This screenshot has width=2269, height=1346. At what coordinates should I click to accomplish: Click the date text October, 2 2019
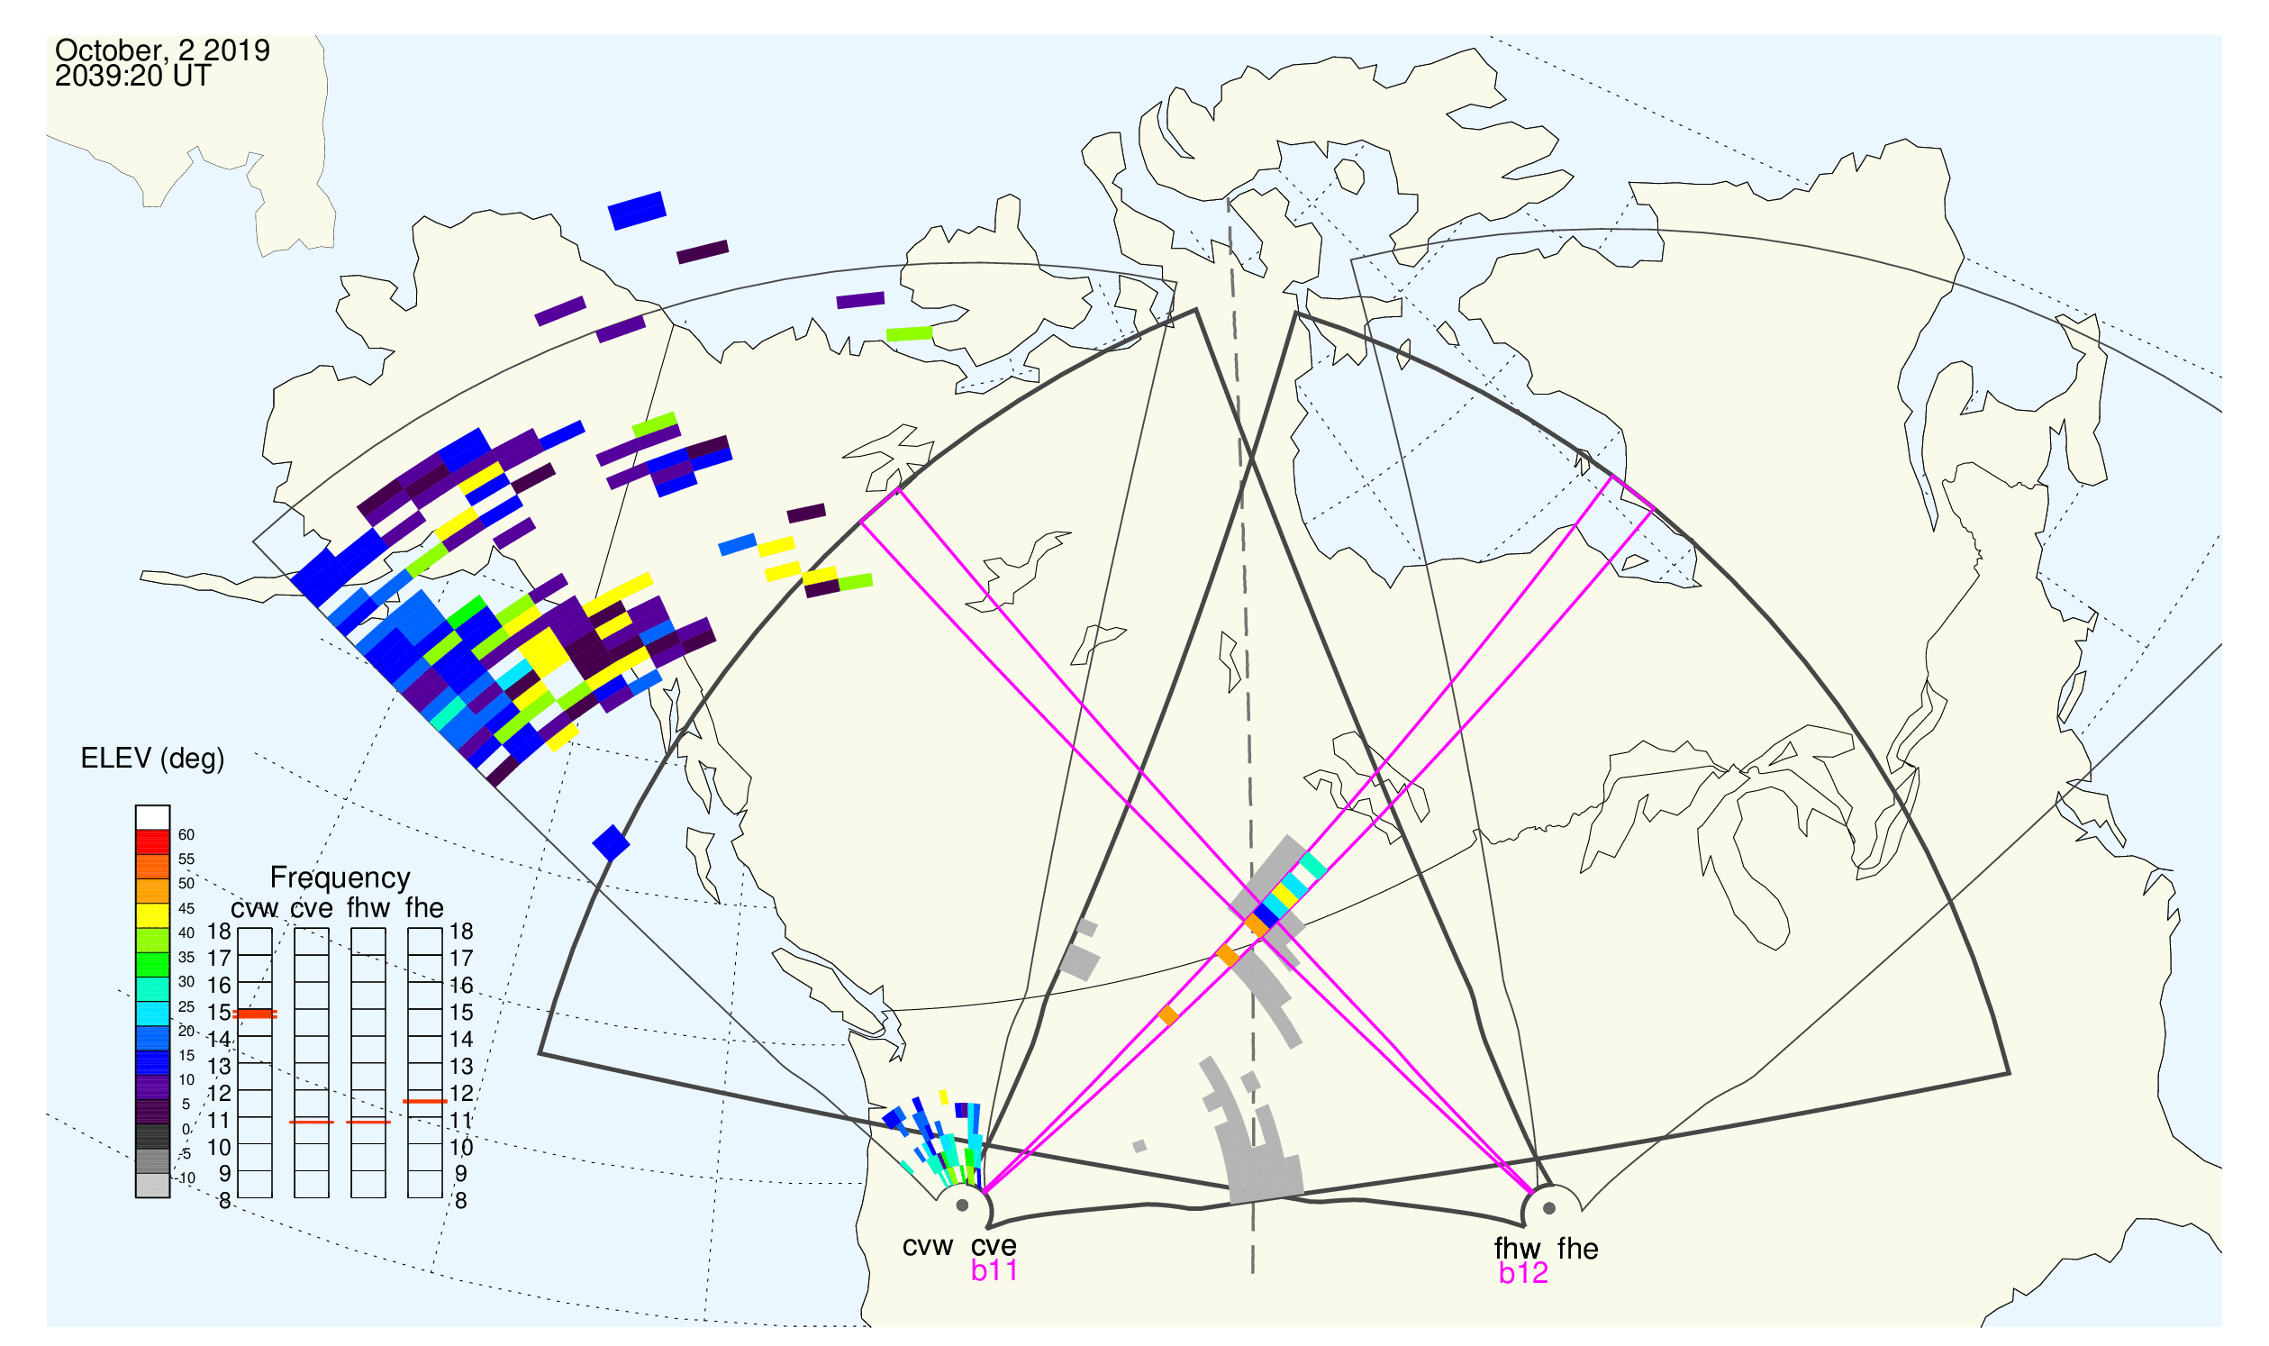click(162, 50)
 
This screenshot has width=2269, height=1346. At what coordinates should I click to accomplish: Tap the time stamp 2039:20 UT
click(132, 76)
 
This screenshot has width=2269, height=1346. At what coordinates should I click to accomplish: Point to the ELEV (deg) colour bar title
click(152, 759)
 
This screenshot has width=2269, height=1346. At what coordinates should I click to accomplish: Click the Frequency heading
click(340, 878)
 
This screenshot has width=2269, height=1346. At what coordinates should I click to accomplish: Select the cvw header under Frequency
click(255, 909)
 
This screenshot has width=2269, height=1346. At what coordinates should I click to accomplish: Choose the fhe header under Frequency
click(424, 908)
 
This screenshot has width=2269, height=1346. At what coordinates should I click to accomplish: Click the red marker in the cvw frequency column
click(255, 1014)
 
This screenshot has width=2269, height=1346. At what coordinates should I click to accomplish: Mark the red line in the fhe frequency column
click(425, 1102)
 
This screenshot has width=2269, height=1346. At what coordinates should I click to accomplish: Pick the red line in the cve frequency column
click(312, 1123)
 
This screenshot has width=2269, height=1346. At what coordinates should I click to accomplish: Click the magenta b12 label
click(1523, 1274)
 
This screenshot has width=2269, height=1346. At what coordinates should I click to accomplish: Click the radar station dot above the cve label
click(962, 1206)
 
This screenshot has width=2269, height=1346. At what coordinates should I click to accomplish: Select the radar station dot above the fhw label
click(1550, 1208)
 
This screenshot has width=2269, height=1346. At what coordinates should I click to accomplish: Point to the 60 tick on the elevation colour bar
click(186, 835)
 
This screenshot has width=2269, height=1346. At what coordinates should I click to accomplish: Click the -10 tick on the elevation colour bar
click(186, 1178)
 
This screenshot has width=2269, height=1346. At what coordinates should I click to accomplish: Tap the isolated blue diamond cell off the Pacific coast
click(612, 842)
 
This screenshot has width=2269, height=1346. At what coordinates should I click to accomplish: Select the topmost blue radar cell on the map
click(638, 211)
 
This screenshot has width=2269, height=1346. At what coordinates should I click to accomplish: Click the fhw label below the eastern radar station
click(1517, 1249)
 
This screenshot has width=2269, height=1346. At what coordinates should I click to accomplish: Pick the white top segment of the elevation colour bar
click(152, 817)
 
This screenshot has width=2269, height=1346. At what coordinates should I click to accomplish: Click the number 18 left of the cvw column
click(219, 932)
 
